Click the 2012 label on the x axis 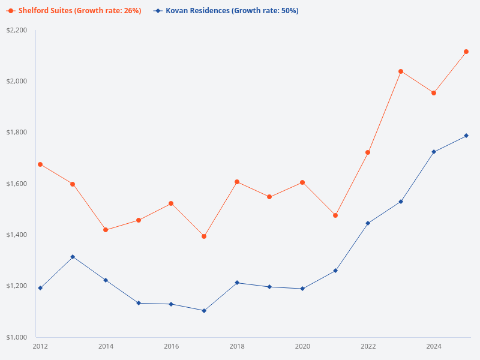(x=40, y=347)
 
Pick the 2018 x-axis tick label (x=237, y=347)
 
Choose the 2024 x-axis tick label (x=434, y=347)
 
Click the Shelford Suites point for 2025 (x=466, y=52)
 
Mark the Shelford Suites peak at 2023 (x=401, y=71)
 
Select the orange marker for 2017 (x=204, y=236)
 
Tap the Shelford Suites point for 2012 (x=40, y=164)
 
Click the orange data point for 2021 (x=335, y=215)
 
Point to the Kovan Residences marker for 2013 (x=73, y=257)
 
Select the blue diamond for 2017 (x=204, y=311)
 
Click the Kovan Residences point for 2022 (x=368, y=223)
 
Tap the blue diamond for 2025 (x=466, y=136)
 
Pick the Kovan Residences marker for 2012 (x=40, y=288)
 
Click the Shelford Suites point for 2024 (x=434, y=93)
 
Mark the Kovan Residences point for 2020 (x=302, y=289)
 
